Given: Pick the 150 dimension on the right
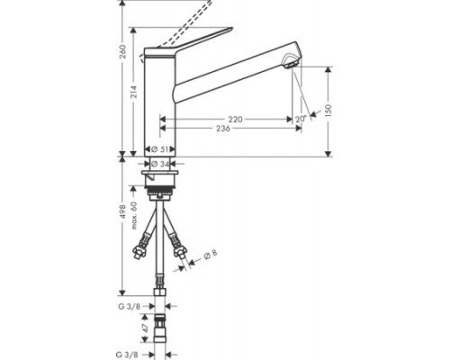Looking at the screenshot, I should [x=329, y=108].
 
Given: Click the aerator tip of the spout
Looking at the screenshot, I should [x=289, y=63].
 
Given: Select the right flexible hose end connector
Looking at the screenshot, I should [x=182, y=256].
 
